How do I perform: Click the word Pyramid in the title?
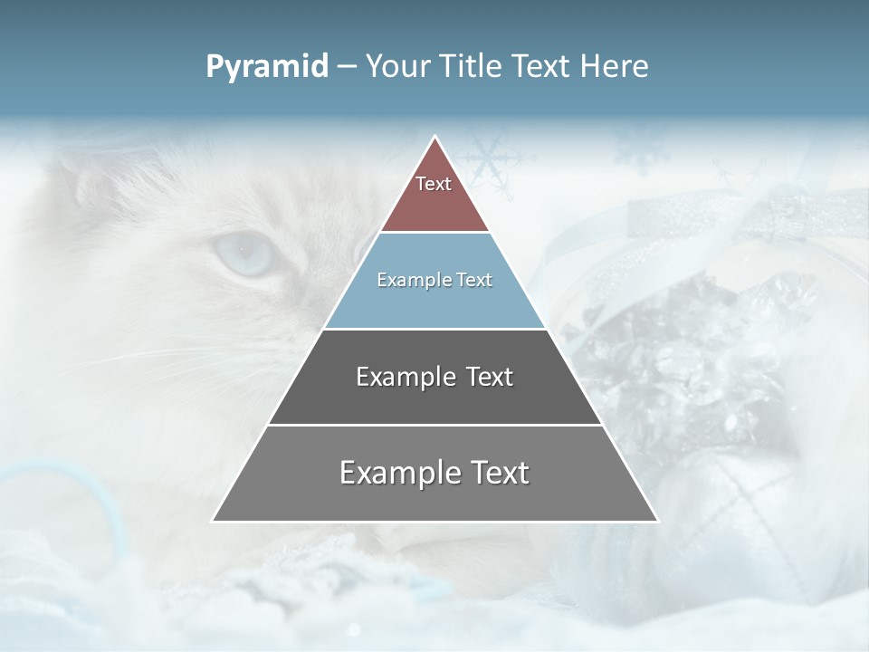click(x=267, y=67)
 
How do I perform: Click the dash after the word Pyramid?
click(x=347, y=67)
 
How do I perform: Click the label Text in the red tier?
click(x=434, y=184)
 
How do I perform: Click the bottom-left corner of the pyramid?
click(x=214, y=521)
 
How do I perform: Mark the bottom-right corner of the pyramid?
click(x=656, y=521)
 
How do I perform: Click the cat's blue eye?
click(x=244, y=254)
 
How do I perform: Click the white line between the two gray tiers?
click(x=434, y=425)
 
